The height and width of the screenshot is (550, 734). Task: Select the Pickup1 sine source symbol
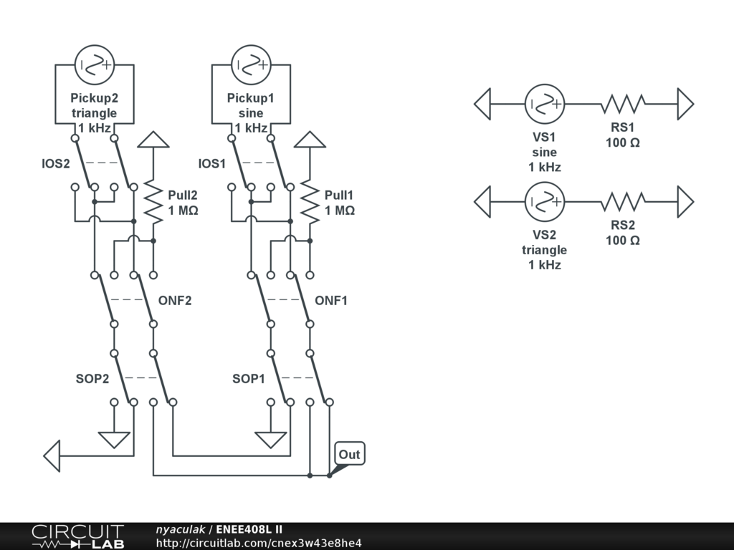point(251,65)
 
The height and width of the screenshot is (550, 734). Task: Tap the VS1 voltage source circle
point(545,105)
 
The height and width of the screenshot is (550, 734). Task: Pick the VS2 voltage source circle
point(545,202)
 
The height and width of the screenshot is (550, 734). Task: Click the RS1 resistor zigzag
point(623,105)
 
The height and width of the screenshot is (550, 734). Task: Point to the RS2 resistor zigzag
point(623,202)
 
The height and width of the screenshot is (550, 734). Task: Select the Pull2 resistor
point(153,203)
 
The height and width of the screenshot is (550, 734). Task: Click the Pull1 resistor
point(310,203)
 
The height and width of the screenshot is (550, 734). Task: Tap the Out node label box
point(350,454)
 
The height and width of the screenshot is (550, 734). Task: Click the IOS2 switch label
point(55,163)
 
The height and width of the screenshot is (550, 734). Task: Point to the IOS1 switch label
point(212,163)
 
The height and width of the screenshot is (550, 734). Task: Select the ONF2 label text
point(175,301)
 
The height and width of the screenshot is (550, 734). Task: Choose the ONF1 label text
point(331,301)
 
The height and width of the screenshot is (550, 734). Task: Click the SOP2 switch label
point(92,378)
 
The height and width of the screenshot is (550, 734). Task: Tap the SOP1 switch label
point(249,378)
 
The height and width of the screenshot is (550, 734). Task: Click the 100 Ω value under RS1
point(623,143)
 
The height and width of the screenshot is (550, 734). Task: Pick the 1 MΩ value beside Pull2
point(183,211)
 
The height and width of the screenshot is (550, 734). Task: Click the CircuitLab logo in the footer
point(77,536)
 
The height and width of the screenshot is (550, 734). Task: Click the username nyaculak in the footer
point(180,529)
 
